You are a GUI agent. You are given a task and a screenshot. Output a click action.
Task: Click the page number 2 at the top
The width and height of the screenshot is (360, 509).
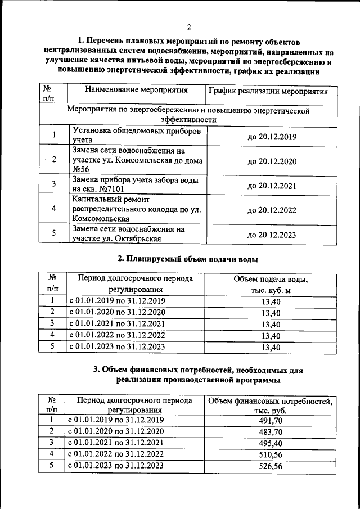[x=189, y=27]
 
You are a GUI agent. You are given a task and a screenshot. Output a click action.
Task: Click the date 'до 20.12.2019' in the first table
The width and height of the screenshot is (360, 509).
[x=272, y=137]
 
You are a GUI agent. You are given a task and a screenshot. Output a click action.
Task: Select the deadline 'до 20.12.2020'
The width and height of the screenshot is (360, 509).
[x=272, y=160]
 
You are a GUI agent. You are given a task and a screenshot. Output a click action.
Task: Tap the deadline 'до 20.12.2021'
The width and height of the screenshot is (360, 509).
[x=272, y=185]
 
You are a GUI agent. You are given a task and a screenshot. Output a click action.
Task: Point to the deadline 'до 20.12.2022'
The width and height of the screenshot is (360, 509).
[x=272, y=209]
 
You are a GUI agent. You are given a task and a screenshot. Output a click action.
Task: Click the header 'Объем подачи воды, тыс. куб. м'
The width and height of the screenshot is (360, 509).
[x=270, y=285]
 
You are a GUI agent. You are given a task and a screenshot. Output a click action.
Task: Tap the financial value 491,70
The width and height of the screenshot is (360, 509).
[x=271, y=420]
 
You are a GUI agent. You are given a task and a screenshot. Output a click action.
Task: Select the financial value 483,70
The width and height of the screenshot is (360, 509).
[x=271, y=432]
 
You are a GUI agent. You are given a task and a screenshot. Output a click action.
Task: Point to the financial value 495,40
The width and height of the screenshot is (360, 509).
[x=271, y=443]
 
